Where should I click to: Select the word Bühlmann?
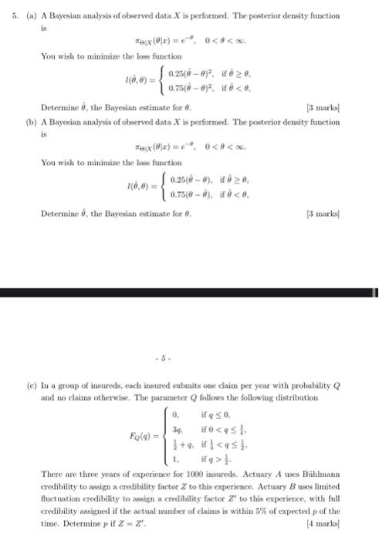pos(340,470)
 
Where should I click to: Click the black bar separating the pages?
pos(189,293)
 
